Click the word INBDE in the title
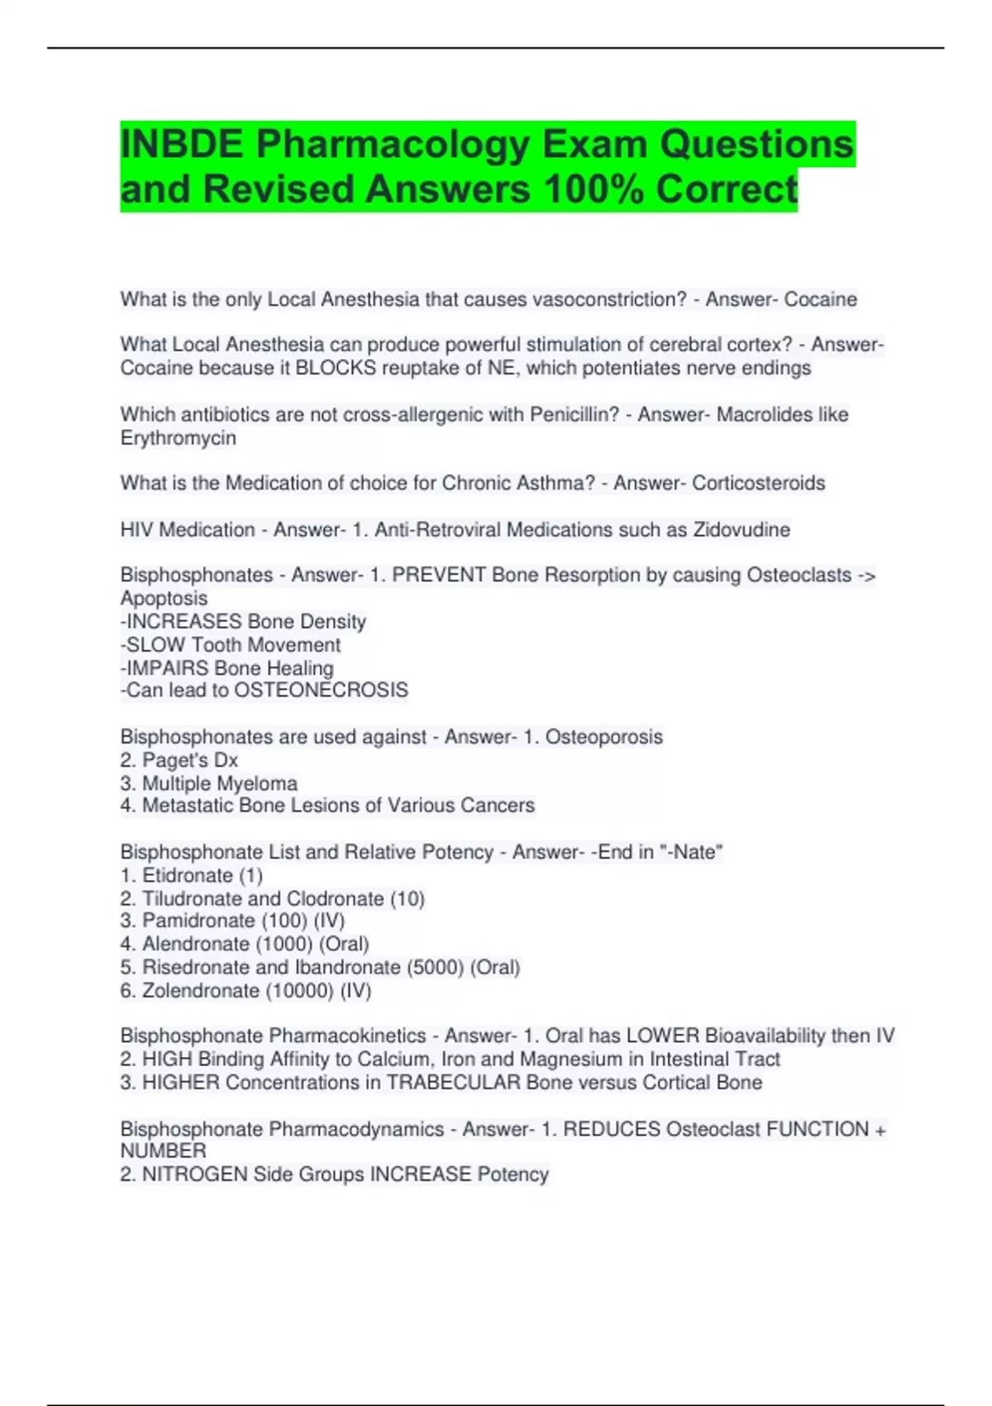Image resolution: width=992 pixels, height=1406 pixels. (x=182, y=145)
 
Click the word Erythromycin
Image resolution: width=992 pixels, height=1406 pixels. (x=179, y=438)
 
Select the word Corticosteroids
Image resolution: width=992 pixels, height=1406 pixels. (x=758, y=483)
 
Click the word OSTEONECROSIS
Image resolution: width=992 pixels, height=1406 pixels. (x=321, y=691)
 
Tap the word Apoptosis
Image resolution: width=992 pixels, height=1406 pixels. (x=164, y=598)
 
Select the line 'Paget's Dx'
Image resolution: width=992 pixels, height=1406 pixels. (x=190, y=760)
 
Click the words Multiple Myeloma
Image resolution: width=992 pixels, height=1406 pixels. (x=220, y=783)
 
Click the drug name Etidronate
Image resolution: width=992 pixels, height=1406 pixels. (x=187, y=875)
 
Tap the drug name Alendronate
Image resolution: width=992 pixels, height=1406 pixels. (x=196, y=944)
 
